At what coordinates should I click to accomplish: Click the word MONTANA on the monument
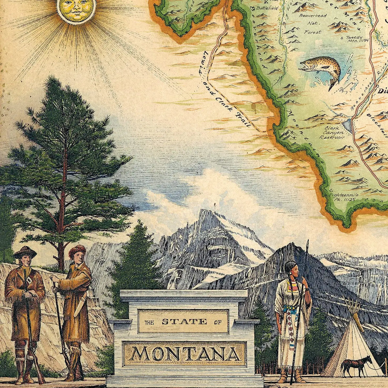point(185,354)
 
